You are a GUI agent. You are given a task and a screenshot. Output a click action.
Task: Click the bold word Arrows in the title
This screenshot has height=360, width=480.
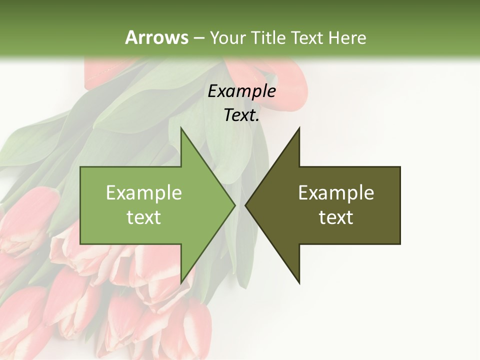[156, 37]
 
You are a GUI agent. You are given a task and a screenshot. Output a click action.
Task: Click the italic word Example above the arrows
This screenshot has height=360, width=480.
[241, 91]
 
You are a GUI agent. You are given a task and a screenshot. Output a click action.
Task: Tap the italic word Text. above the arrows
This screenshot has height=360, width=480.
[241, 115]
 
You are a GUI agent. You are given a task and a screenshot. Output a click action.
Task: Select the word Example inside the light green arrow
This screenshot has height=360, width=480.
[144, 193]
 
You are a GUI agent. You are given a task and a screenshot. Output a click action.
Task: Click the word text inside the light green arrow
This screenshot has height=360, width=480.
[144, 217]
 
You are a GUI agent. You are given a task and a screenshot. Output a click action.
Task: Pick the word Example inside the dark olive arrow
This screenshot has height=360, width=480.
[336, 193]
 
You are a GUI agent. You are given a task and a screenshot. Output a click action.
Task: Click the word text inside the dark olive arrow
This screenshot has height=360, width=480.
[336, 217]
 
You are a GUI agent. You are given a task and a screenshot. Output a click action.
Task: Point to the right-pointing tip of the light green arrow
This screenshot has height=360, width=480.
[233, 205]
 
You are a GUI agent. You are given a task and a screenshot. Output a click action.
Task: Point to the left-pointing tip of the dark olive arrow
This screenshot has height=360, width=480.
[247, 205]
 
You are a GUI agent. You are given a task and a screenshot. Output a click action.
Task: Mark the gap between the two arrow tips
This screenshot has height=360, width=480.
[240, 205]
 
